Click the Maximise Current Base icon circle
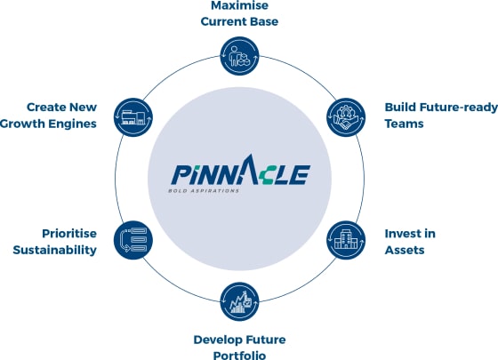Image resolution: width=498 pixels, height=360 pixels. point(239,56)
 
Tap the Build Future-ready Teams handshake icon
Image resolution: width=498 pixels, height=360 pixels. point(346,117)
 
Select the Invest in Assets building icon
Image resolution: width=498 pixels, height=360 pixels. point(346,240)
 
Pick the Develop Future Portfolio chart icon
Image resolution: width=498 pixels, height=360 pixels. point(239,301)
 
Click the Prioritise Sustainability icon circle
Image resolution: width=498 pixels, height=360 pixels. point(133,240)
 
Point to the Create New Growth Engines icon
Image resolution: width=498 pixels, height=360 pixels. point(133,117)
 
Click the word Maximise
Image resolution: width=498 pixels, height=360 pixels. point(239,5)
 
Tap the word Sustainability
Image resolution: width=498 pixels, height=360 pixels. point(54,250)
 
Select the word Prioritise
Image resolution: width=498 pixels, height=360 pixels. point(69,234)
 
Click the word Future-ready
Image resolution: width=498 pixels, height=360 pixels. point(458,108)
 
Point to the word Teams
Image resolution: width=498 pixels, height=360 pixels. point(404,124)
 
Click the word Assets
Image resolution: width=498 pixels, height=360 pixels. point(405,250)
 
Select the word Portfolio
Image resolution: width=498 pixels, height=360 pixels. point(239,356)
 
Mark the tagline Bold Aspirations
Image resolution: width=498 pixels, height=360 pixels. point(204,191)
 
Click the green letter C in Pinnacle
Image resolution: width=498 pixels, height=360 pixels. point(267,175)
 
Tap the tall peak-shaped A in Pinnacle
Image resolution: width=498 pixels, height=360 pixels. point(250,169)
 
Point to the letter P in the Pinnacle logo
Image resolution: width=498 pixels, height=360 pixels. point(181,174)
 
